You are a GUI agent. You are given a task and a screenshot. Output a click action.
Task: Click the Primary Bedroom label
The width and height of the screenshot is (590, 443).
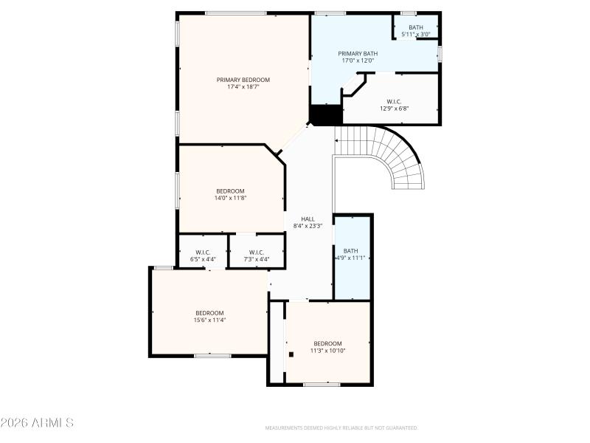click(x=243, y=80)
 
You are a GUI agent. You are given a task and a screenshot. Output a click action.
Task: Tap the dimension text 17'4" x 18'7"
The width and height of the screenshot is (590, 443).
click(x=243, y=87)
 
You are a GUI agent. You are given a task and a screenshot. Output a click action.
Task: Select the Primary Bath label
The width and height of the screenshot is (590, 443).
click(x=358, y=53)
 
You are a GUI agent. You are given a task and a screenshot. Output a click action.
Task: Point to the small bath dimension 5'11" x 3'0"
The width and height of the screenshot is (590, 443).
click(x=416, y=35)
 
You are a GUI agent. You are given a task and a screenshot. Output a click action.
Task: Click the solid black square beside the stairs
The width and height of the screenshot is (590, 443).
click(x=325, y=116)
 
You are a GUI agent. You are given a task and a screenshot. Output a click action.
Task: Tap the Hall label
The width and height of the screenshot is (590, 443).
click(x=308, y=219)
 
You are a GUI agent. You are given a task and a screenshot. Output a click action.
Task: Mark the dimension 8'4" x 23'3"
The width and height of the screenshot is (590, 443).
click(x=308, y=226)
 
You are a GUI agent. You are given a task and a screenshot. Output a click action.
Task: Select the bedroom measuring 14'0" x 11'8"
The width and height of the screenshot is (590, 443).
click(x=230, y=194)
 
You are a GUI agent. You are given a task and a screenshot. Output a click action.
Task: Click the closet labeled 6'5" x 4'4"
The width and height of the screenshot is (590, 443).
click(x=203, y=255)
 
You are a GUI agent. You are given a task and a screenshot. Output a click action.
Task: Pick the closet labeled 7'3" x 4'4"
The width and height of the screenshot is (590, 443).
click(x=256, y=255)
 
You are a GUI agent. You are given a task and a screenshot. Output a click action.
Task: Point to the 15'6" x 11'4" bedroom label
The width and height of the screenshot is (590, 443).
click(x=209, y=316)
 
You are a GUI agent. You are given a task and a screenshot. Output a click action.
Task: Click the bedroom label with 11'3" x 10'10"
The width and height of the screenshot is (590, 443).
click(x=327, y=346)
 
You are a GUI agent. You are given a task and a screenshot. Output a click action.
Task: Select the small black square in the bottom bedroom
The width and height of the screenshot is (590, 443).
click(x=291, y=354)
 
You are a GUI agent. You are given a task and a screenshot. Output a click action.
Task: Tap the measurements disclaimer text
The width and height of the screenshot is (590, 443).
click(x=341, y=427)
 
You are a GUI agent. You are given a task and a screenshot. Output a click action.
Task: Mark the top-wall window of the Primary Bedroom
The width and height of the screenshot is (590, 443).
click(x=235, y=13)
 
